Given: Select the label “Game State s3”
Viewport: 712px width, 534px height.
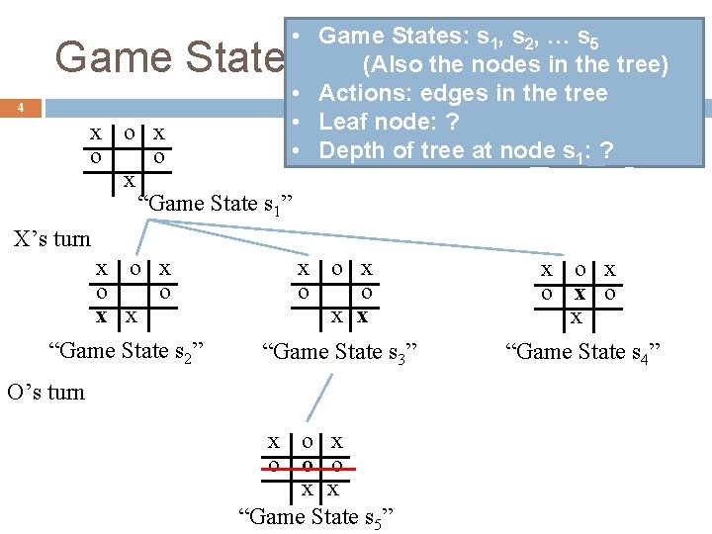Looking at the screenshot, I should click(339, 351).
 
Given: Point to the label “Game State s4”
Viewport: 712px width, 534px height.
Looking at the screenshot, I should click(582, 351).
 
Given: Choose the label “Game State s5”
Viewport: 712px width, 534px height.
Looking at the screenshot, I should click(317, 515).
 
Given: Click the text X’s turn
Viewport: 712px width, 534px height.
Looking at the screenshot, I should click(51, 238).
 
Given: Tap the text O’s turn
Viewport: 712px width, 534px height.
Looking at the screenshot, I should click(45, 392).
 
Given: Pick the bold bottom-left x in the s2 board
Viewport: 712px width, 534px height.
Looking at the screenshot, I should click(101, 316).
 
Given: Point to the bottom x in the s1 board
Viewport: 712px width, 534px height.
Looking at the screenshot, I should click(129, 181).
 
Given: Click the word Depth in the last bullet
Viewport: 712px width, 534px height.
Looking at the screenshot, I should click(349, 151).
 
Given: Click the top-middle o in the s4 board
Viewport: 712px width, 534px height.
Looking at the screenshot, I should click(580, 270).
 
